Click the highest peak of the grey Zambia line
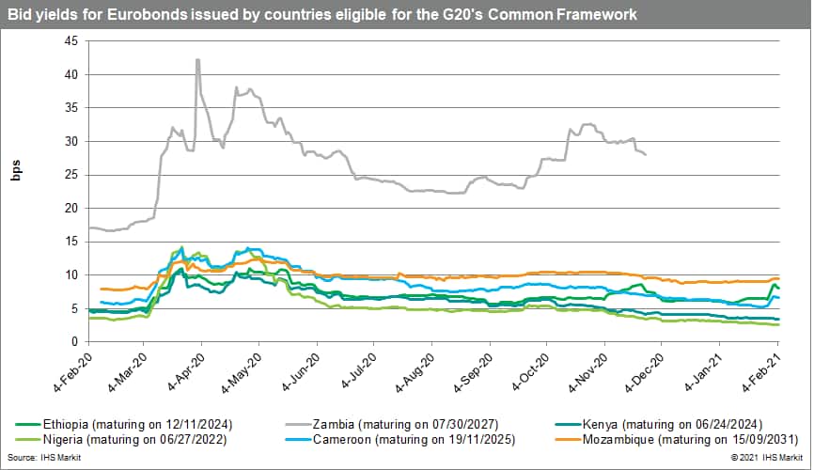click(x=197, y=59)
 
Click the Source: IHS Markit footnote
click(x=41, y=459)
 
